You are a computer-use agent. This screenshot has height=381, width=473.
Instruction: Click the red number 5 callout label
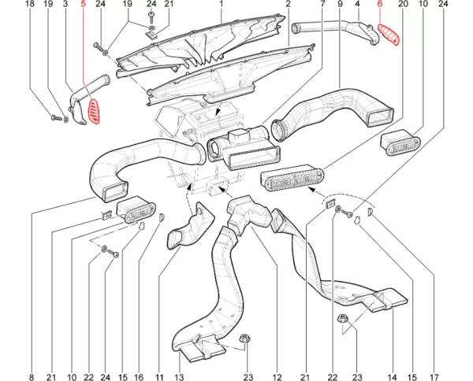click(x=83, y=5)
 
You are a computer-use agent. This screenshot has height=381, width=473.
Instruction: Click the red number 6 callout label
click(x=379, y=5)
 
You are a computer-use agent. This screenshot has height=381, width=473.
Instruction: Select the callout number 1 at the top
click(x=222, y=5)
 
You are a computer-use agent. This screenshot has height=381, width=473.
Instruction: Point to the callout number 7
click(x=322, y=5)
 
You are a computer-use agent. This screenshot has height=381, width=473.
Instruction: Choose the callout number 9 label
click(x=341, y=5)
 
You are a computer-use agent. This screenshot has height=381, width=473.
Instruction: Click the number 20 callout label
click(x=402, y=5)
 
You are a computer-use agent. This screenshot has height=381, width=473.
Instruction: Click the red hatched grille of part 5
click(x=93, y=111)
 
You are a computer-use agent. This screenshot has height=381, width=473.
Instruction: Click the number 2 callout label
click(x=289, y=5)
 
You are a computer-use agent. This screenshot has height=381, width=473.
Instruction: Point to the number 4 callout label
click(x=358, y=5)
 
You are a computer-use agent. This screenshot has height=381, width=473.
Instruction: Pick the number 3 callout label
click(x=65, y=5)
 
